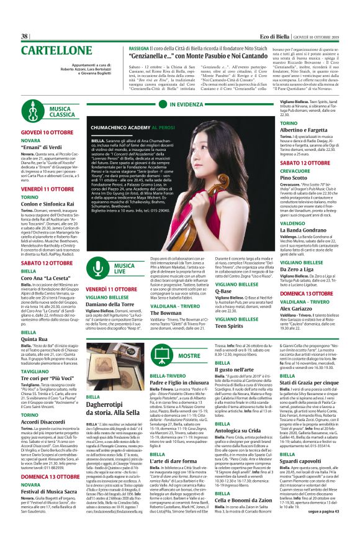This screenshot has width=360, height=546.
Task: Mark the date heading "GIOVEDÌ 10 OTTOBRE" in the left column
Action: pos(48,133)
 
